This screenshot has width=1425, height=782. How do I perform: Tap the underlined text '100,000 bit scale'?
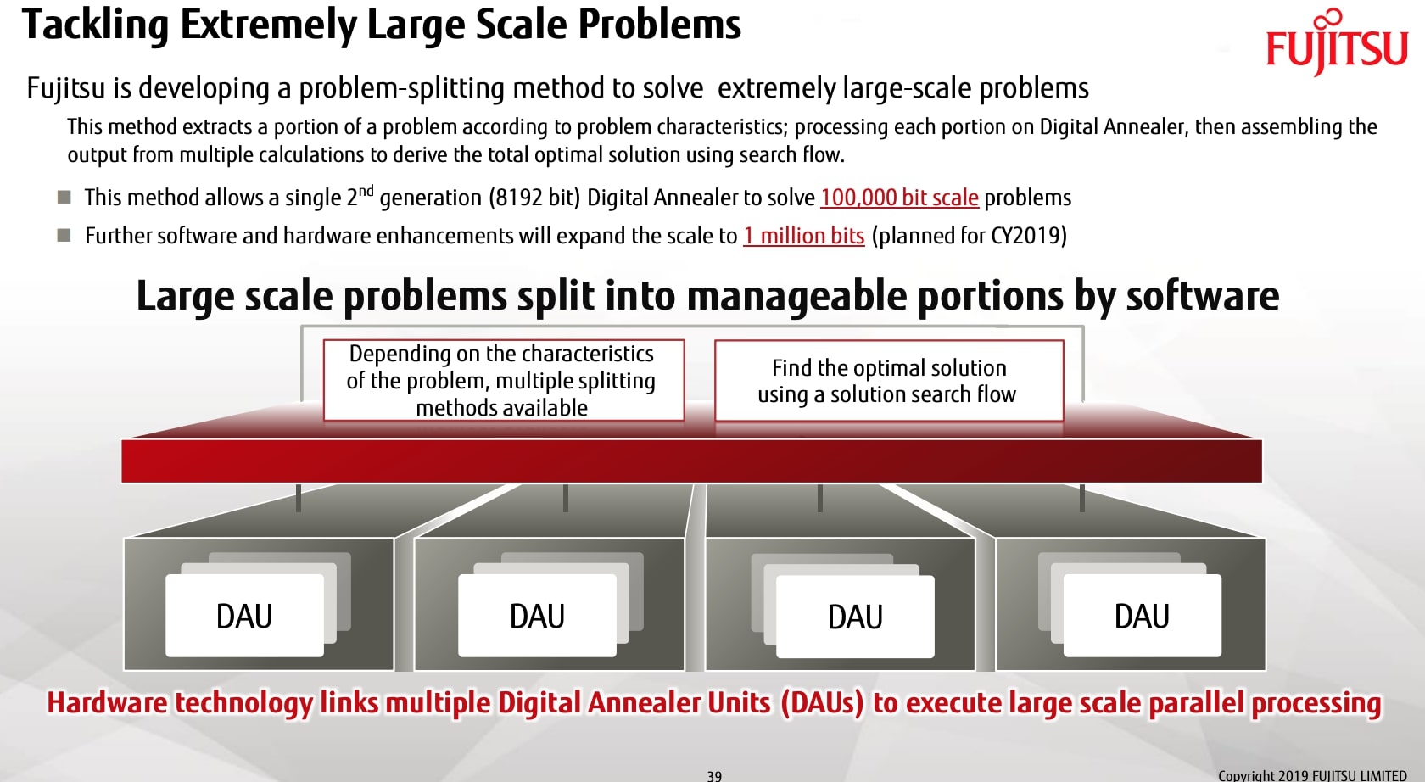899,198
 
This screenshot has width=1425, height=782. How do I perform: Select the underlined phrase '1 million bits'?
804,236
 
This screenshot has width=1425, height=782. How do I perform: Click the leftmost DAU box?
244,616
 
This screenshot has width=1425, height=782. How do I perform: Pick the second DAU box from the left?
537,616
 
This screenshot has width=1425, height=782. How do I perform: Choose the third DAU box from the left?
855,617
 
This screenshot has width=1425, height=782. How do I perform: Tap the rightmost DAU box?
1142,616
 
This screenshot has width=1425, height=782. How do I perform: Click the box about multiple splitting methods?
503,380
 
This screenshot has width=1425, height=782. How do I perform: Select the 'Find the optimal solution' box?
888,381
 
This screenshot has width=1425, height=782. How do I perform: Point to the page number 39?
714,775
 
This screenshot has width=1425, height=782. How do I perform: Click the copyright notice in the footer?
1311,775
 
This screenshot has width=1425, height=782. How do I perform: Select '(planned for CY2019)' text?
969,236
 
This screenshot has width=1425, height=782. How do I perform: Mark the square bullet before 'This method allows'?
64,198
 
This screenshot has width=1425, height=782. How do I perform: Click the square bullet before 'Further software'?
64,235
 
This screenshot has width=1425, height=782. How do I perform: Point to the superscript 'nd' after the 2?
366,190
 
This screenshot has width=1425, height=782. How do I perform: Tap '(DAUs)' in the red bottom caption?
821,703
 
